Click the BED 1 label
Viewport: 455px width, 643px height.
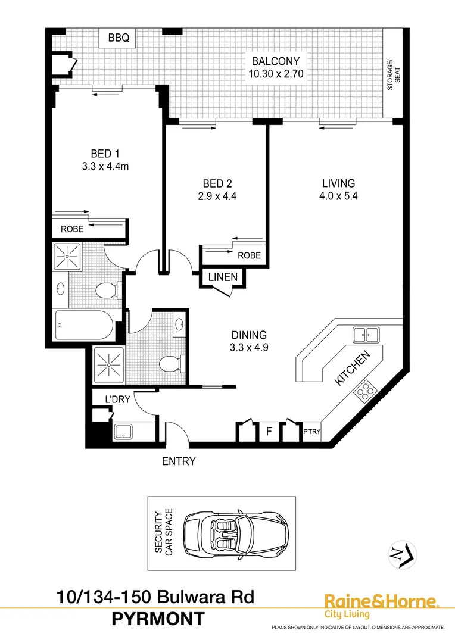coord(105,154)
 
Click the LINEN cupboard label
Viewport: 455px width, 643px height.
coord(223,277)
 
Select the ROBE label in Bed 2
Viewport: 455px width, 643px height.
coord(249,255)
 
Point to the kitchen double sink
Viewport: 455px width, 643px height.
coord(366,335)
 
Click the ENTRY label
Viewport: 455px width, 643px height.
coord(179,461)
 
